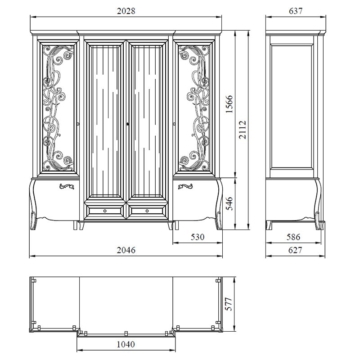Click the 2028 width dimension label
(x=126, y=11)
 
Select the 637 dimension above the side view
(x=296, y=11)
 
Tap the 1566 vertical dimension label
(x=229, y=104)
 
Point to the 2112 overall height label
(x=243, y=130)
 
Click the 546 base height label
(x=229, y=203)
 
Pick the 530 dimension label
(x=198, y=237)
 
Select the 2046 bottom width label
(x=126, y=250)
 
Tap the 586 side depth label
(x=293, y=237)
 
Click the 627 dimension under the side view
(x=295, y=250)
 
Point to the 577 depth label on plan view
(x=229, y=304)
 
